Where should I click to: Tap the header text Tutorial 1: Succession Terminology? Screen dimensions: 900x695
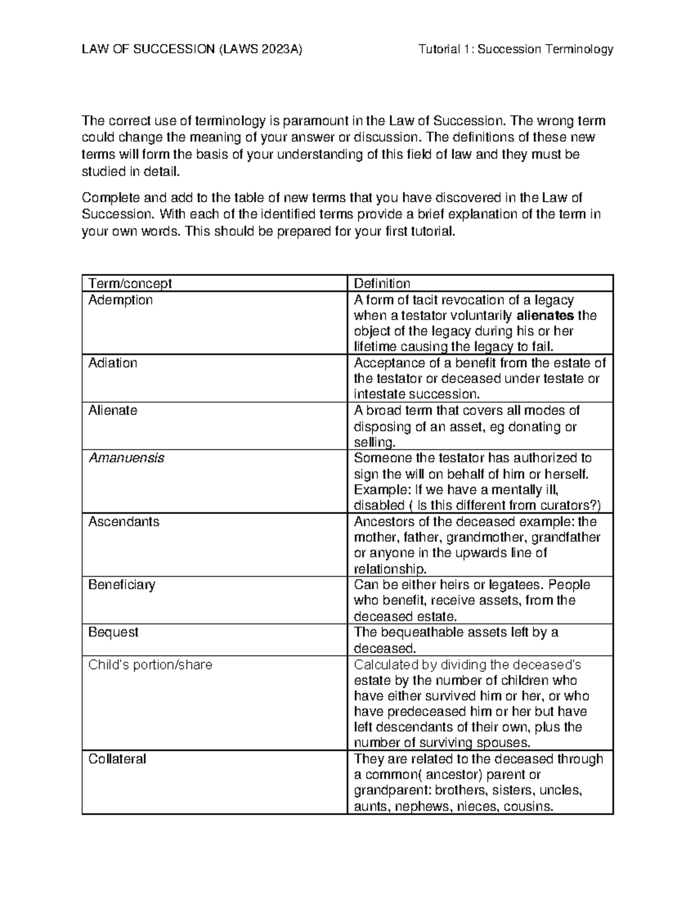click(x=515, y=49)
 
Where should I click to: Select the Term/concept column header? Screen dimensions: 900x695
click(x=130, y=283)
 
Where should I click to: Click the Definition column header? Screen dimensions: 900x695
click(x=382, y=283)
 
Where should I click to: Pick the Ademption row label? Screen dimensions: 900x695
click(x=120, y=300)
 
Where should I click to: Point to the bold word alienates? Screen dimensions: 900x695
click(x=545, y=316)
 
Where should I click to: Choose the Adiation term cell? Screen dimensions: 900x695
click(x=113, y=363)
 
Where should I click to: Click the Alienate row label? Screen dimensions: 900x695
click(x=113, y=411)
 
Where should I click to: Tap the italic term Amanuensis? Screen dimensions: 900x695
click(x=126, y=458)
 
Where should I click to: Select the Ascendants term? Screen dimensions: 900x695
click(x=123, y=522)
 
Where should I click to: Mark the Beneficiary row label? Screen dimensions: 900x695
click(x=122, y=585)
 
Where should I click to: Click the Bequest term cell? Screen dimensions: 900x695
click(x=114, y=632)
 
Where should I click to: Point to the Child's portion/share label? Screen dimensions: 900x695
click(x=150, y=665)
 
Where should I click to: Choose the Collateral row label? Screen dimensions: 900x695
click(x=117, y=759)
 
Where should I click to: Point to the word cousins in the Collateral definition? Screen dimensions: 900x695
click(x=528, y=807)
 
